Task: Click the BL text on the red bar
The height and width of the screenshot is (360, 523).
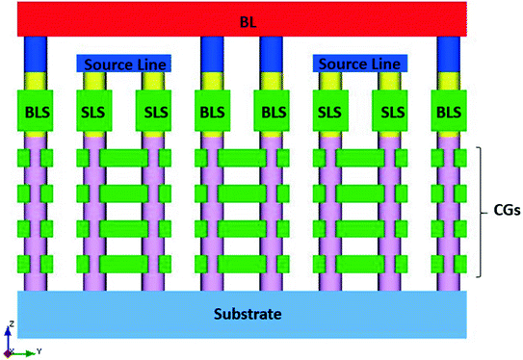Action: (x=236, y=19)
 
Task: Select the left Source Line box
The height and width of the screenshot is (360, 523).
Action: (x=123, y=64)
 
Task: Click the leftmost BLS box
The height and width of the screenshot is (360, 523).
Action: (x=37, y=113)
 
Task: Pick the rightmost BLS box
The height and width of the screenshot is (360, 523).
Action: (x=448, y=113)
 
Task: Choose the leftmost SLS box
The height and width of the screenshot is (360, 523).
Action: (x=96, y=113)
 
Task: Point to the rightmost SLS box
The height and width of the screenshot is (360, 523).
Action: (x=390, y=113)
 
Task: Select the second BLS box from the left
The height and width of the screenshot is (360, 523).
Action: (x=214, y=113)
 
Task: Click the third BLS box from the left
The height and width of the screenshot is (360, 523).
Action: (x=273, y=113)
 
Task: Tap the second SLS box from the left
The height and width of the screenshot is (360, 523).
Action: (x=154, y=113)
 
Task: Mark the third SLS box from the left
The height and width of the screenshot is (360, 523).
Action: (x=332, y=113)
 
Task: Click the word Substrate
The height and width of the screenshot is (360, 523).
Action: (x=242, y=313)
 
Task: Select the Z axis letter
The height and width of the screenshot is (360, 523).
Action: (x=9, y=326)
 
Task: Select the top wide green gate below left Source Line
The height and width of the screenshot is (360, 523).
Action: (x=125, y=157)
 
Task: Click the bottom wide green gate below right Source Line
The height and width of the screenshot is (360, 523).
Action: (x=361, y=264)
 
